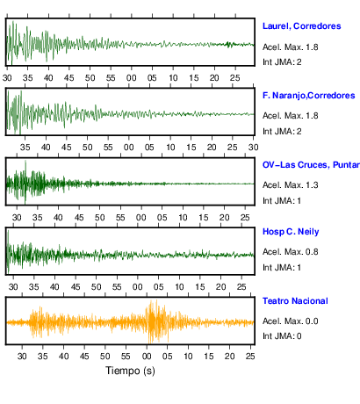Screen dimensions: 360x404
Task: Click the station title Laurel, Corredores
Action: click(x=301, y=26)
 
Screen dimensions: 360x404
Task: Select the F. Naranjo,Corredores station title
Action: click(x=309, y=96)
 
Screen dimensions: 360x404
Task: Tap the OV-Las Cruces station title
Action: click(x=311, y=165)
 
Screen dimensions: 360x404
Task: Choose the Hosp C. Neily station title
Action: click(x=291, y=232)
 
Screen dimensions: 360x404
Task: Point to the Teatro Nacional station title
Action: click(x=295, y=301)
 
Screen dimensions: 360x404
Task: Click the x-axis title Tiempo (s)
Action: click(x=130, y=371)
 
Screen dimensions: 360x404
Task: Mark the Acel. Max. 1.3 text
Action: click(x=290, y=185)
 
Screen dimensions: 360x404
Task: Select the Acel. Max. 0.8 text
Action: click(x=290, y=252)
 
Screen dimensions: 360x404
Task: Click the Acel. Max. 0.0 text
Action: click(x=290, y=321)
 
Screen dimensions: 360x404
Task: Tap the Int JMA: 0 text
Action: click(x=282, y=336)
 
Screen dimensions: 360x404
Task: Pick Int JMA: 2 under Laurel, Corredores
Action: click(x=282, y=62)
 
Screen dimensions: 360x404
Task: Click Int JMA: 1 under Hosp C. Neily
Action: click(x=282, y=268)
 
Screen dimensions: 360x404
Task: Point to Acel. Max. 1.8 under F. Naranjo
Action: click(x=290, y=116)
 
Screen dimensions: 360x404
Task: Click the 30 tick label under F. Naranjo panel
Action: click(x=254, y=148)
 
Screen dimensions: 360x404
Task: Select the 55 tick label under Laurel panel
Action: click(x=111, y=78)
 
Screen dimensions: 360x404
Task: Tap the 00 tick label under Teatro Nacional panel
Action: click(x=147, y=357)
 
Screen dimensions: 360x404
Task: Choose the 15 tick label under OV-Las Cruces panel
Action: click(x=204, y=218)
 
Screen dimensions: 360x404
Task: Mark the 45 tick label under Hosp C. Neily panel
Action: click(x=76, y=286)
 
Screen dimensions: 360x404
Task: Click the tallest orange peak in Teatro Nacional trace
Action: click(x=156, y=300)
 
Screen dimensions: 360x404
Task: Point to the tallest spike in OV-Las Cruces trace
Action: click(x=25, y=161)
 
